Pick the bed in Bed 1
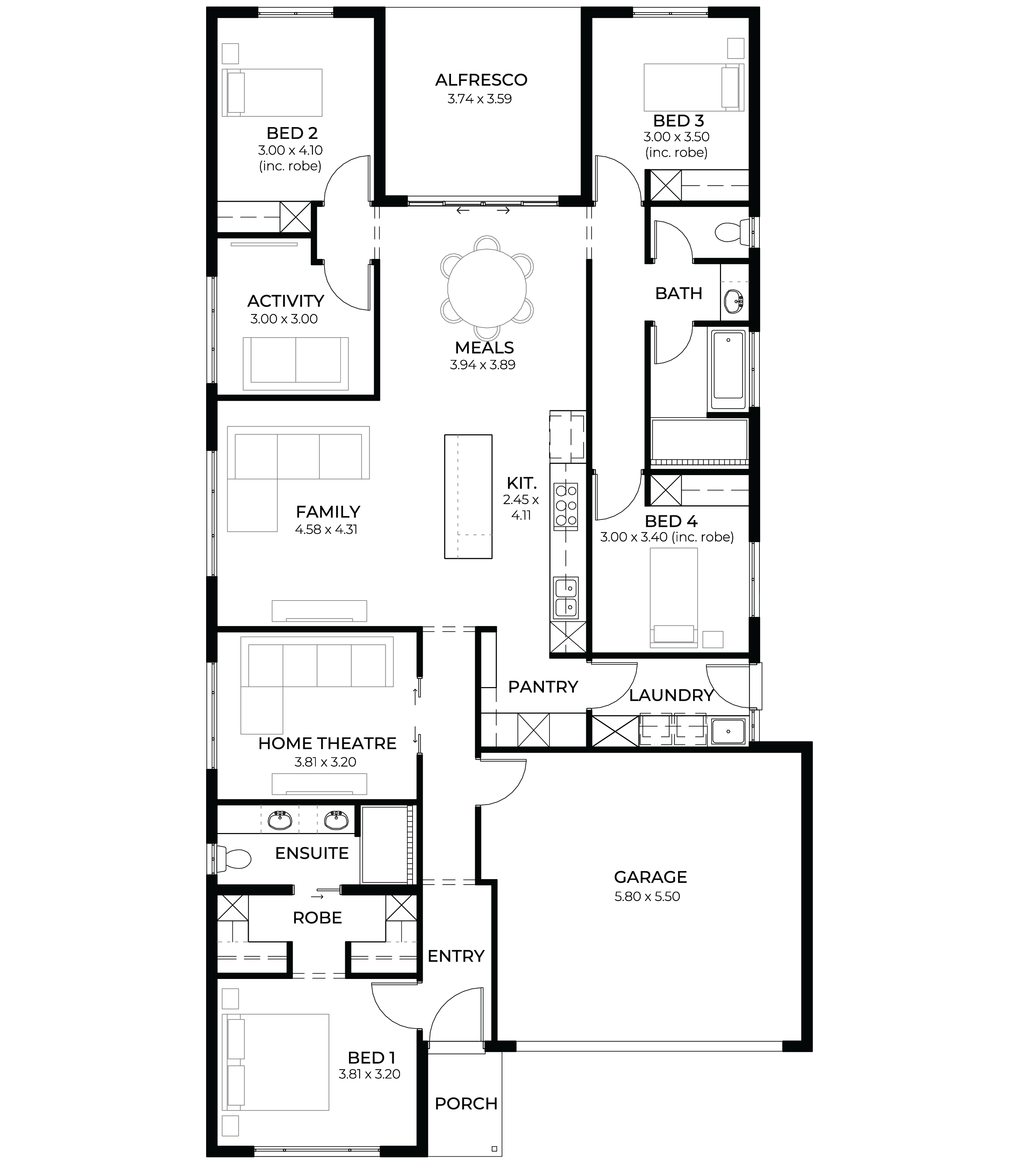click(275, 1062)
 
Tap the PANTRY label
click(543, 687)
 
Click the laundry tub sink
click(728, 731)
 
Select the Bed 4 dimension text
click(667, 537)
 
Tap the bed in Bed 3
click(694, 87)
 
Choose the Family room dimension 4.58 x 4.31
click(326, 530)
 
